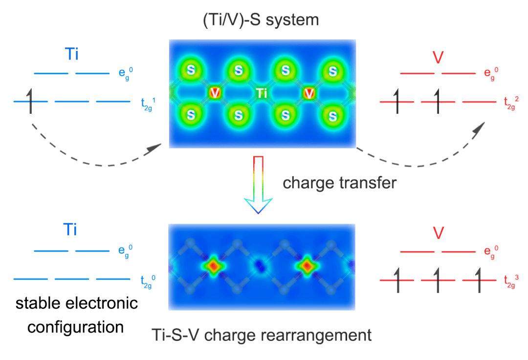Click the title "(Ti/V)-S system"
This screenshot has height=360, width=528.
point(263,21)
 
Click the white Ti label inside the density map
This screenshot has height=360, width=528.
point(262,93)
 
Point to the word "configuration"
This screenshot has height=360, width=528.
point(76,326)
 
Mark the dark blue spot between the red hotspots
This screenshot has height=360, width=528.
point(261,265)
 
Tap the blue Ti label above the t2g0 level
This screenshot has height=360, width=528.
point(71,230)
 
